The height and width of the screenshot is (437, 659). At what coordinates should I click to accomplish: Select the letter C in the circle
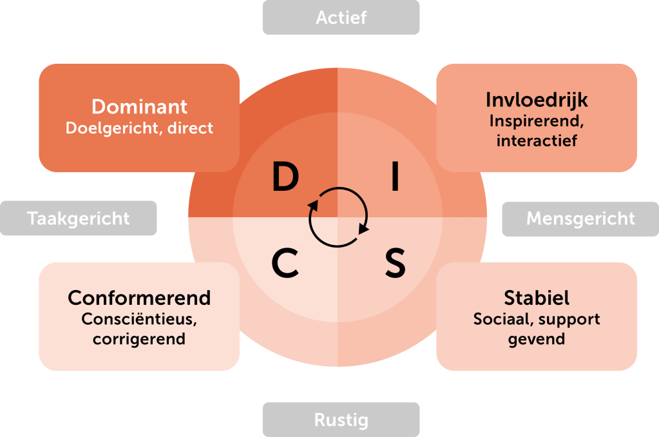pyautogui.click(x=285, y=263)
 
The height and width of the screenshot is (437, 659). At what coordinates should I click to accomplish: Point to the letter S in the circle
pyautogui.click(x=395, y=263)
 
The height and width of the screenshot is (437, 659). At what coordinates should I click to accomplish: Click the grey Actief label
pyautogui.click(x=341, y=17)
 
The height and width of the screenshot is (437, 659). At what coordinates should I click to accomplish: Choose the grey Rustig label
pyautogui.click(x=341, y=420)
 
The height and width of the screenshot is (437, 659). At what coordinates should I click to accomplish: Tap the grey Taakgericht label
pyautogui.click(x=79, y=218)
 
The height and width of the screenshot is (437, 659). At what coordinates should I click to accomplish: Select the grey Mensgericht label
pyautogui.click(x=580, y=218)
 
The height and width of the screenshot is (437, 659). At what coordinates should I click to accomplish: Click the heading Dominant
pyautogui.click(x=139, y=106)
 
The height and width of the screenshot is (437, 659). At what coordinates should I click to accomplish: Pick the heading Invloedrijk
pyautogui.click(x=537, y=101)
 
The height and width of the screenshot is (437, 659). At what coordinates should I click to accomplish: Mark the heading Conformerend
pyautogui.click(x=139, y=298)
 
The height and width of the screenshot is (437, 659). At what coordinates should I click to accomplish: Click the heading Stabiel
pyautogui.click(x=537, y=298)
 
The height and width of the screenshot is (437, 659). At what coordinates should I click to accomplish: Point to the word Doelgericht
pyautogui.click(x=110, y=128)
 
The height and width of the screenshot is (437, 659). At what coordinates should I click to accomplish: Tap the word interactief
pyautogui.click(x=537, y=141)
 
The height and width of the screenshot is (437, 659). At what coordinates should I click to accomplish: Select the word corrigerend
pyautogui.click(x=139, y=338)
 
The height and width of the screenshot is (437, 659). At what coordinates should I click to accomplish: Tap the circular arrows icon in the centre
pyautogui.click(x=338, y=217)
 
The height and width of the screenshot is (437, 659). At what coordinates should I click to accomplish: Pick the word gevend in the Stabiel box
pyautogui.click(x=537, y=338)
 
